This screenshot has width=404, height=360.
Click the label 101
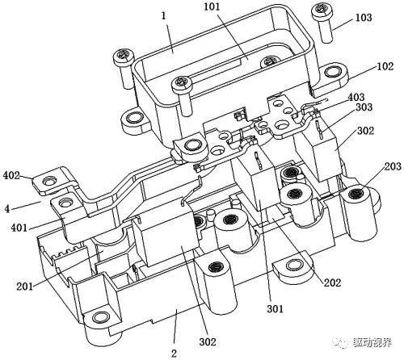tap(213, 6)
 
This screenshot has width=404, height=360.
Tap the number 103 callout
tap(364, 18)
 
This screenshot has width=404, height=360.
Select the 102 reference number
tap(385, 66)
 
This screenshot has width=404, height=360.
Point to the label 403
tap(356, 97)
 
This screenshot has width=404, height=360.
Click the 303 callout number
tap(364, 107)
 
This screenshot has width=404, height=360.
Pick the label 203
tap(393, 166)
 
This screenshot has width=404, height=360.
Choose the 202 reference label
tap(332, 283)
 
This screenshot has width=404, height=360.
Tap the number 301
tap(276, 309)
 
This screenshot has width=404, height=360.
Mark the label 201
tap(25, 287)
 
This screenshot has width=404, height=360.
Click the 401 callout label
tap(19, 228)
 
